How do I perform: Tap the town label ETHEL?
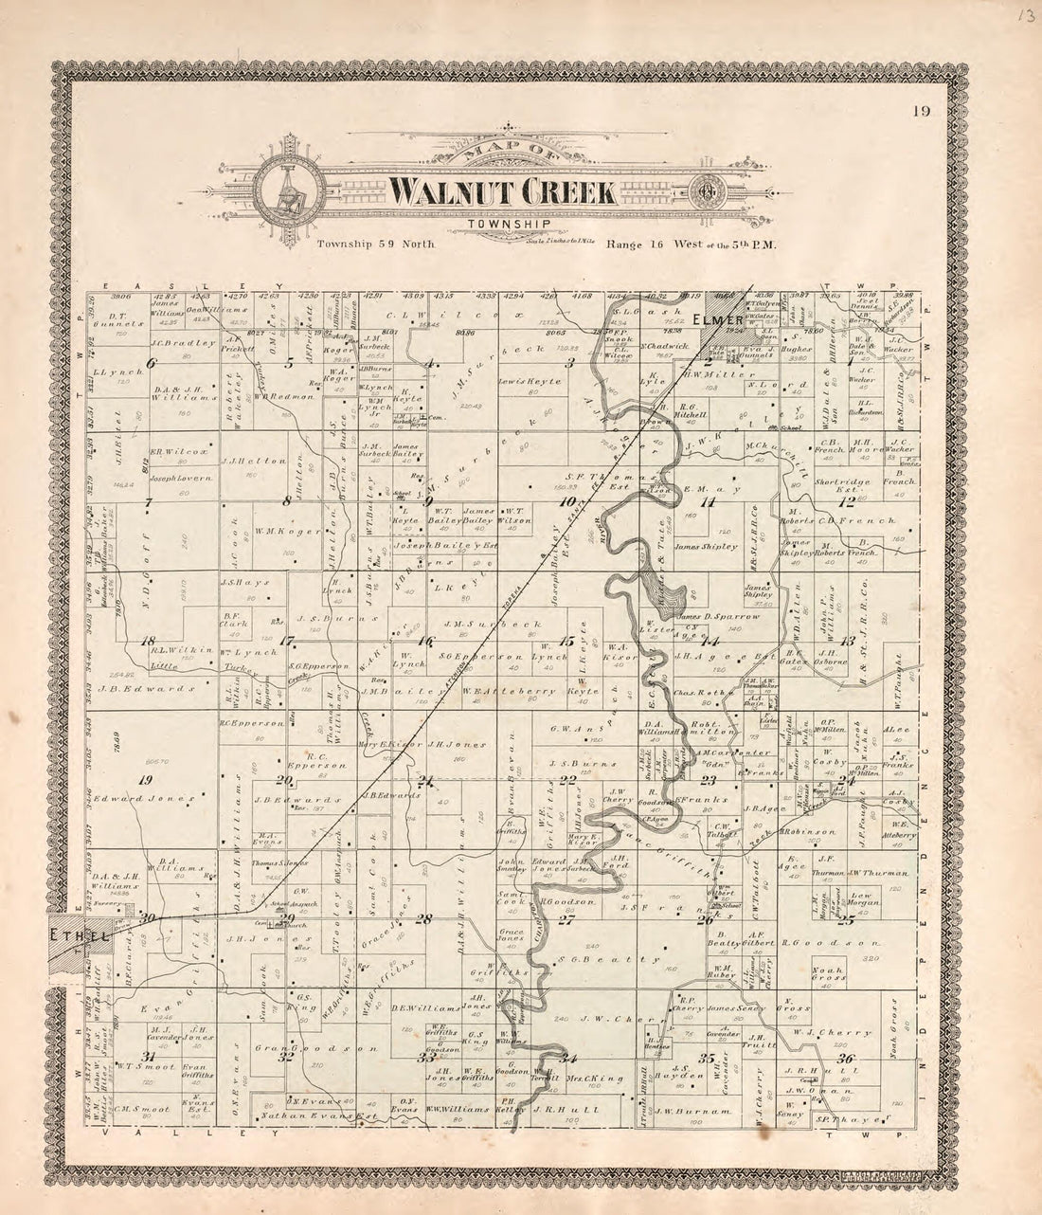[x=69, y=934]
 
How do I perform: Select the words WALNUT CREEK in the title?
[x=502, y=192]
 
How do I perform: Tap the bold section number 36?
[x=847, y=1059]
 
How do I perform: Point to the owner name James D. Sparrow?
[x=721, y=616]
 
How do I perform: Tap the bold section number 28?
[x=422, y=918]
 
